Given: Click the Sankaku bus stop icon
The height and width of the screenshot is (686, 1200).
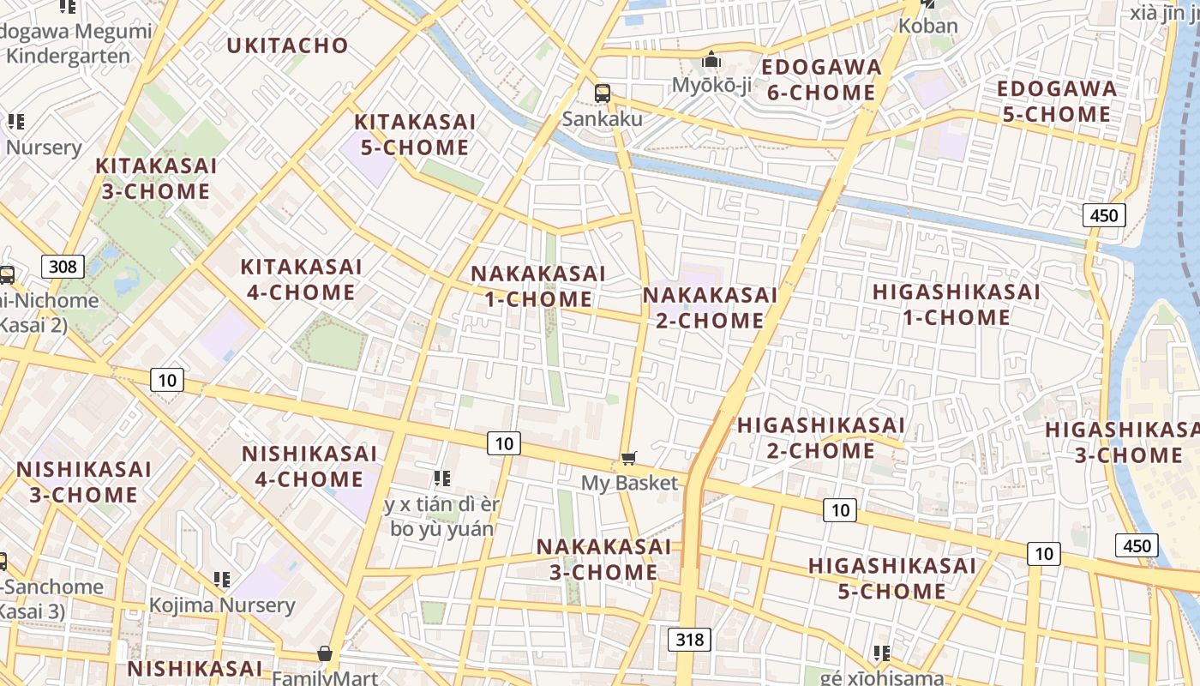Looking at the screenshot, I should (603, 93).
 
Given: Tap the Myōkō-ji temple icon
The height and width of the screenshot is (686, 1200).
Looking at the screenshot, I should (711, 61).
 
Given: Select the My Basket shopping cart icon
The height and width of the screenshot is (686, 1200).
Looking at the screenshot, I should (629, 459).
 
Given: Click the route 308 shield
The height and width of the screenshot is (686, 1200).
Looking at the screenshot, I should (63, 267).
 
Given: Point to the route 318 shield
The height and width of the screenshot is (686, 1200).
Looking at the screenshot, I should (689, 639).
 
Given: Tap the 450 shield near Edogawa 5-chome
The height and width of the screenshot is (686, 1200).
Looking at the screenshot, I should (1104, 215).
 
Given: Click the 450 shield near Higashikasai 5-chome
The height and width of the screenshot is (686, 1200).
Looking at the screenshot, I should (1137, 545).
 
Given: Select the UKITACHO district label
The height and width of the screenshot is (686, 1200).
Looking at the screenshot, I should (287, 45).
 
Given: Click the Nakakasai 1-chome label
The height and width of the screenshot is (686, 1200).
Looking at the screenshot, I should (538, 286).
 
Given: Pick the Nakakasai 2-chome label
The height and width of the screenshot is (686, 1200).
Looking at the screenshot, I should (710, 308).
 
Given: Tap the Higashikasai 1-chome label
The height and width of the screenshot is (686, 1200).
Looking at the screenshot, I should (957, 304).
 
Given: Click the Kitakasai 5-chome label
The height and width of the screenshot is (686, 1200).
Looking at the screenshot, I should (415, 135).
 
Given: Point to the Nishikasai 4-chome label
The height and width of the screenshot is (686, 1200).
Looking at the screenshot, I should (309, 466).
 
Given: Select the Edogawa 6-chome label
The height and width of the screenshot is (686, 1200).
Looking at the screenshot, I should (821, 80).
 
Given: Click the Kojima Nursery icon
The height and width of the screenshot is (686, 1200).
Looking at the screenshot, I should (222, 580).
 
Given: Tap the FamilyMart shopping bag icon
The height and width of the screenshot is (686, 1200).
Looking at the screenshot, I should (325, 654).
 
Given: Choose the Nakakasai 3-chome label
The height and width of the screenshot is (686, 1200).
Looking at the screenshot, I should (603, 559).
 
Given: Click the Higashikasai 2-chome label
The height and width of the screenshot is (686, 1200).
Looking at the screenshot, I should (821, 437).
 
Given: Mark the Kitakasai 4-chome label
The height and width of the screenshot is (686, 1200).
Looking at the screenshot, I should (301, 280).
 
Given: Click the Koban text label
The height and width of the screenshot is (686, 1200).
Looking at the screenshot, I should (927, 26).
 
